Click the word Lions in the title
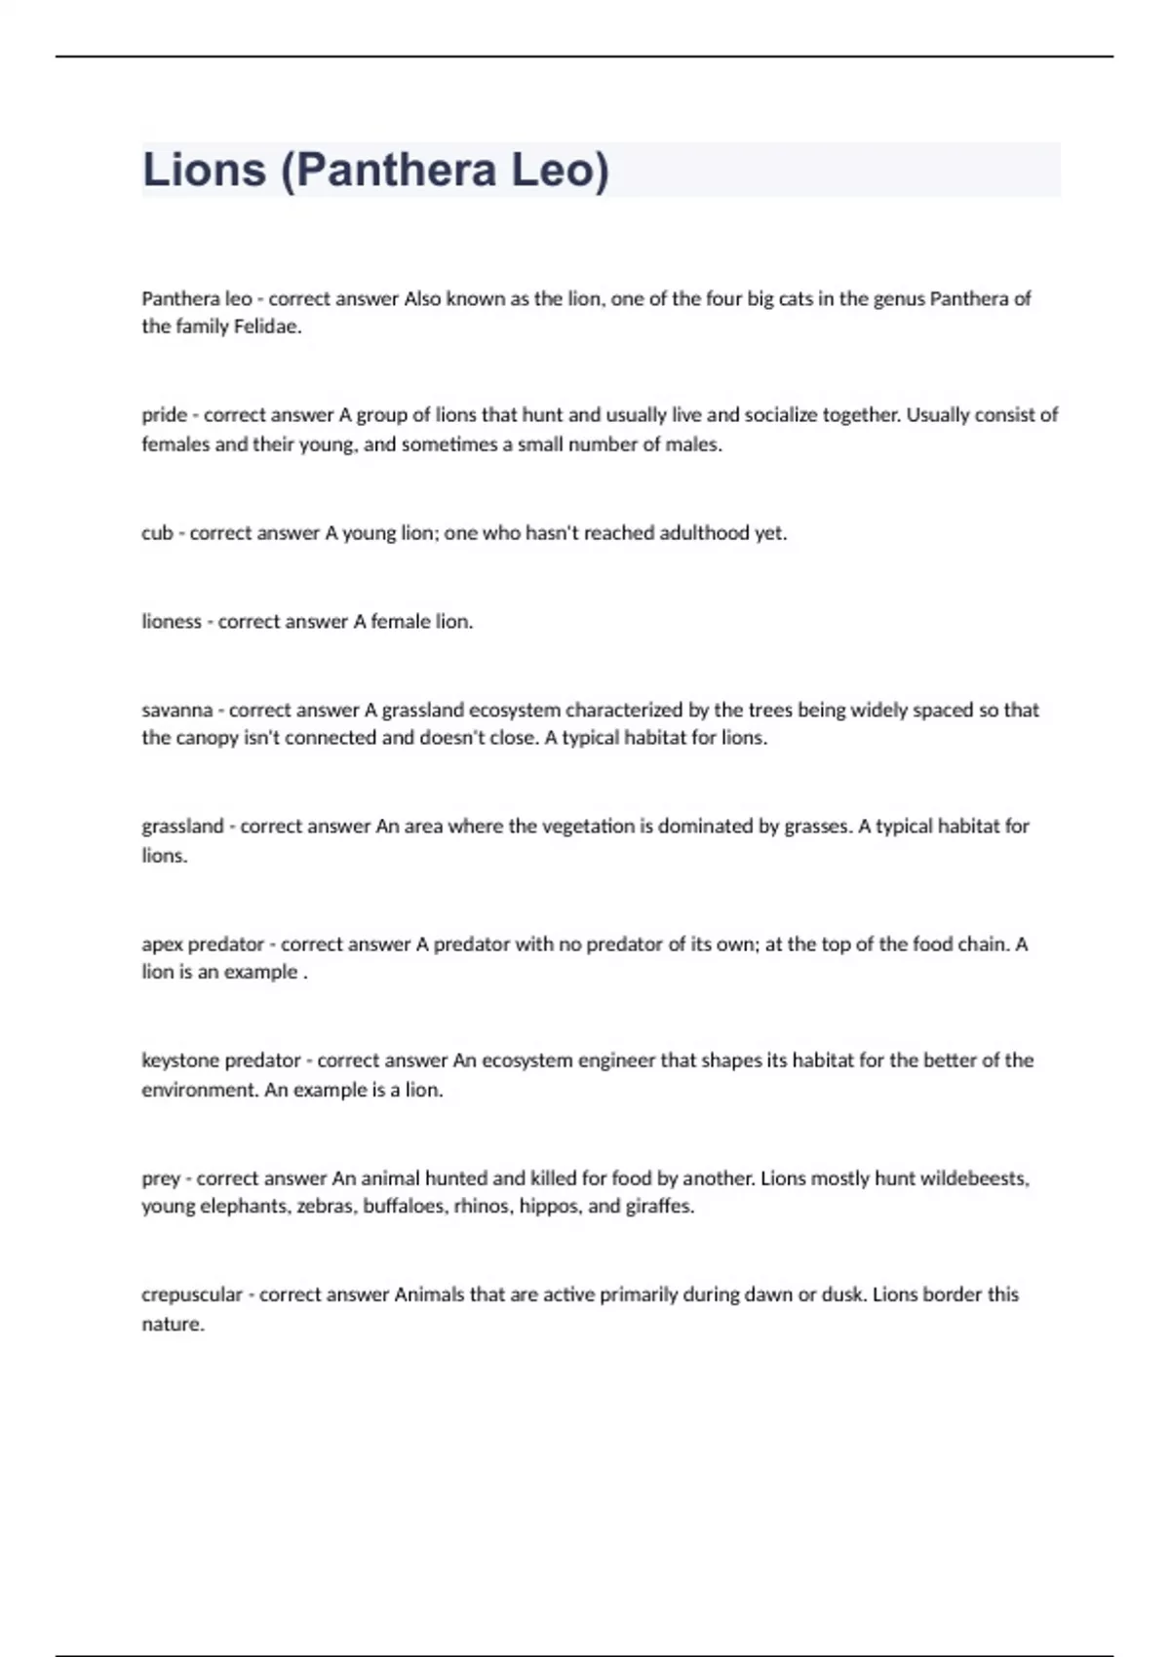click(x=204, y=170)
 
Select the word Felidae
click(x=267, y=327)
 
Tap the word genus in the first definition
click(x=898, y=298)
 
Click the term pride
click(x=164, y=415)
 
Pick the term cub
click(x=157, y=533)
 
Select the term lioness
click(x=171, y=621)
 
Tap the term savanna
click(x=176, y=710)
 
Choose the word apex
click(x=162, y=944)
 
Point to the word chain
click(x=980, y=944)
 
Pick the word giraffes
click(x=660, y=1207)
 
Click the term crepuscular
click(x=192, y=1295)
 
